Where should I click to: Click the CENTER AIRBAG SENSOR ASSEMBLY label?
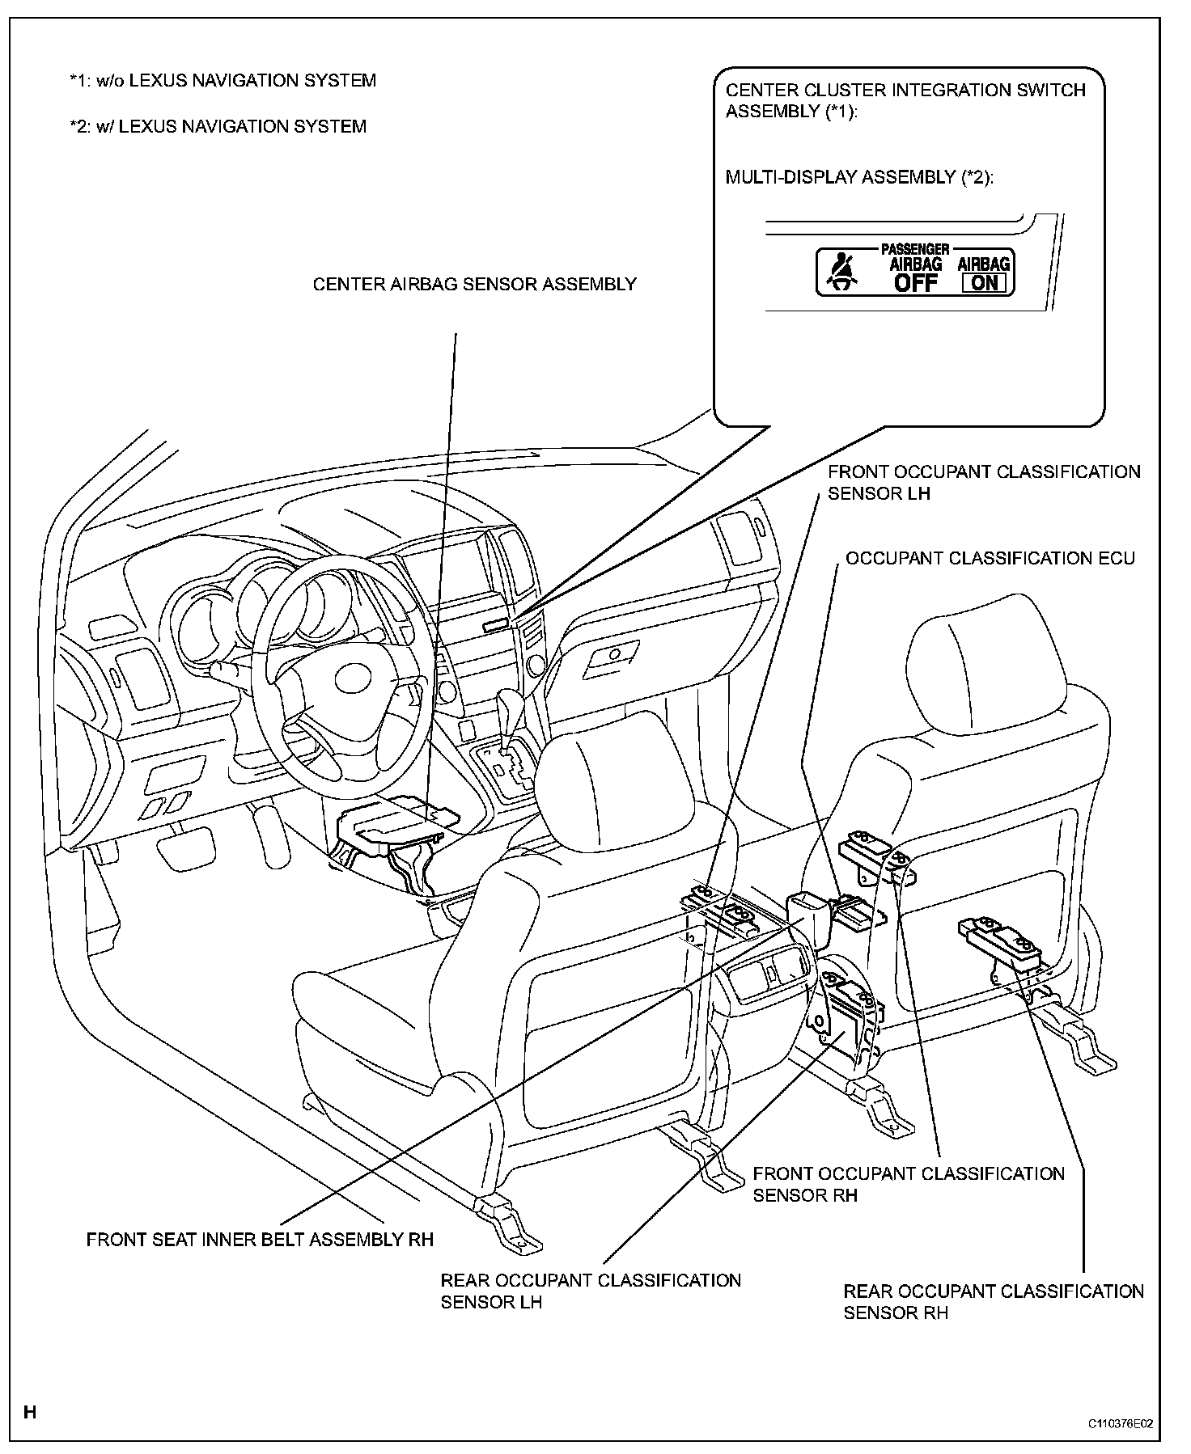tap(474, 284)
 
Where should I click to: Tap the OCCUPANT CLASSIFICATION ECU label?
tap(990, 558)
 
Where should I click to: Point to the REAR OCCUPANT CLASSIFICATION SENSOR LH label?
tap(590, 1291)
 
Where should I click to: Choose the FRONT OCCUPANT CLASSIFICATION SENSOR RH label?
tap(908, 1184)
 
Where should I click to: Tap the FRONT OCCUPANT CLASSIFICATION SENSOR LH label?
tap(983, 482)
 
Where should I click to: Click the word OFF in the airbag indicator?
tap(916, 282)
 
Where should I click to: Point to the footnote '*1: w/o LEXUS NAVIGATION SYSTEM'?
tap(223, 81)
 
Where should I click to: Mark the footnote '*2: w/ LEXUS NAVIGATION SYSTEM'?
tap(218, 126)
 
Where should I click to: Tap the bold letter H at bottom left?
tap(30, 1414)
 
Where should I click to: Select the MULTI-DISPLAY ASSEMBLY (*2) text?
tap(858, 177)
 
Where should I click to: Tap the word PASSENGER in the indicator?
tap(914, 250)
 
